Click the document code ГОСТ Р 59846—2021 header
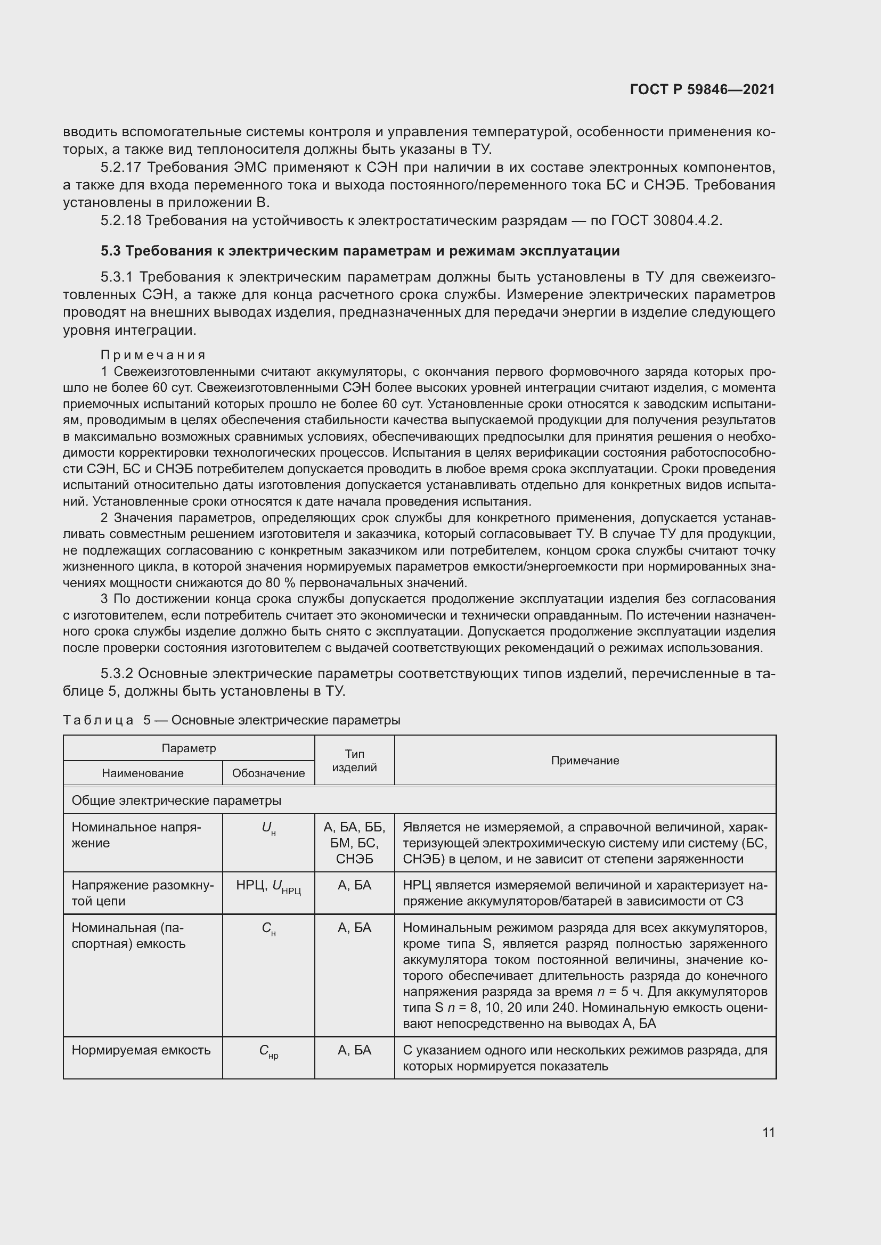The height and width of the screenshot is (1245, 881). point(702,89)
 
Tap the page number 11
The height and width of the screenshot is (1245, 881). point(768,1132)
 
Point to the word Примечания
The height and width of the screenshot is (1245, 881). point(153,355)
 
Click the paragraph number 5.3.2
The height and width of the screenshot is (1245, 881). point(117,673)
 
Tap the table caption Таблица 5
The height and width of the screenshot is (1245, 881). point(106,720)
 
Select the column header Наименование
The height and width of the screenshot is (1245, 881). point(143,773)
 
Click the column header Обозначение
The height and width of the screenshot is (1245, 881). point(268,773)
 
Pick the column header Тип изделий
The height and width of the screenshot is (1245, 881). point(354,760)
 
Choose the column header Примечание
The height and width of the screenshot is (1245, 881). point(585,760)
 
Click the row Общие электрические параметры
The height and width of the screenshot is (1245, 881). point(176,801)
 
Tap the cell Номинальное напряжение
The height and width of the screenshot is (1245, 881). point(136,835)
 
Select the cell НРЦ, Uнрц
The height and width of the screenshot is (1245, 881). point(268,887)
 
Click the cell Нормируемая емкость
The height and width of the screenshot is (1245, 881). point(141,1050)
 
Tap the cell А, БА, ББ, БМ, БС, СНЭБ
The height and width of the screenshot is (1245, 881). point(354,843)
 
